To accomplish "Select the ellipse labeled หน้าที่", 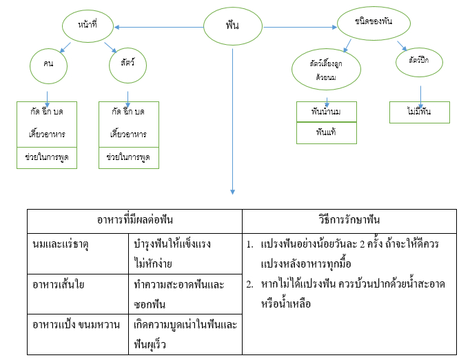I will pos(87,27).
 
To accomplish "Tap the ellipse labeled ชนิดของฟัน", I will pos(374,26).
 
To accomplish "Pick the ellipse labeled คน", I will pos(48,65).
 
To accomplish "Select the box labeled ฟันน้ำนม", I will pos(327,112).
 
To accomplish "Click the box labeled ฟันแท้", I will pos(327,132).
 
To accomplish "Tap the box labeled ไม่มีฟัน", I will pos(419,112).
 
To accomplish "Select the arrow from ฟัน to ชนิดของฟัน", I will pos(300,28).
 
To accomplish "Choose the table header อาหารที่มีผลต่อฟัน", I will pos(134,220).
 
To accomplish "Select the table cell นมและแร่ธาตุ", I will pos(58,244).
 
